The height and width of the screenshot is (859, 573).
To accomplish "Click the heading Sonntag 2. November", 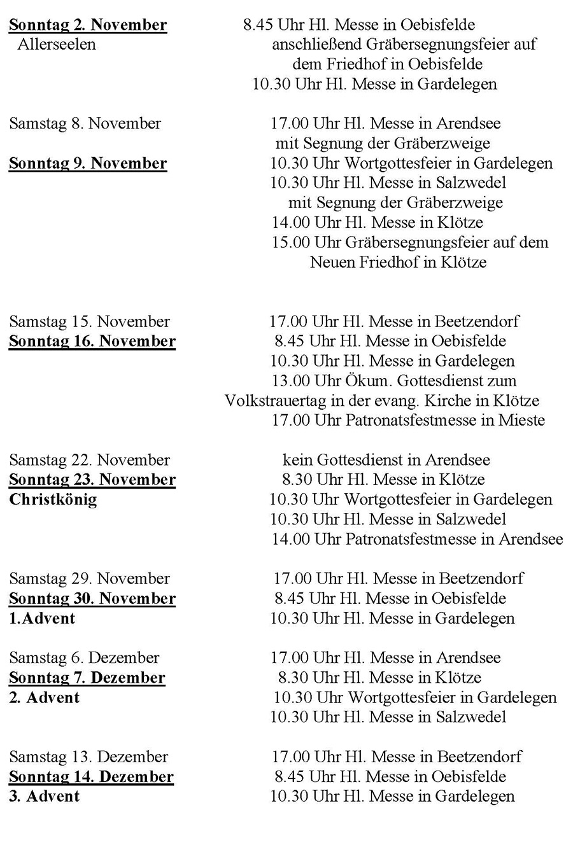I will (88, 25).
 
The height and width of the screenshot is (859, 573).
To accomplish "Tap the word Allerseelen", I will (57, 45).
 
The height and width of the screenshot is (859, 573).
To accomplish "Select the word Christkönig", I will (53, 499).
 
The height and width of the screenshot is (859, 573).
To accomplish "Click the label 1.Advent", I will (42, 618).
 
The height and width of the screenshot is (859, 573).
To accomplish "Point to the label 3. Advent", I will (44, 796).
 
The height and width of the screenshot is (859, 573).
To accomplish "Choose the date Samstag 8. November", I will (85, 123).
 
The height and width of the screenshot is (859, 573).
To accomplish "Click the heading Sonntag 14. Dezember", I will (91, 777).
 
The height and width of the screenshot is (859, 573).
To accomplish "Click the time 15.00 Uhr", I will (307, 242).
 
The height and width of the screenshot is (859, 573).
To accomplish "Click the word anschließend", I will (317, 45).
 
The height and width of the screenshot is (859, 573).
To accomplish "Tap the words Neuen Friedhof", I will (365, 262).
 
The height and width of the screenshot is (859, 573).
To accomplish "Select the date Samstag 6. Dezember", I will (84, 658).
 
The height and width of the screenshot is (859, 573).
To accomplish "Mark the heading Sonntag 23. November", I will (92, 480).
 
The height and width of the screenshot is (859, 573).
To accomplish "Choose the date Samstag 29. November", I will (89, 579).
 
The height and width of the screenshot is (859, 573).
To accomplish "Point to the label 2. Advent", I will (44, 697).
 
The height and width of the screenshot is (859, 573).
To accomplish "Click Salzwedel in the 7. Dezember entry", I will (471, 717).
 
